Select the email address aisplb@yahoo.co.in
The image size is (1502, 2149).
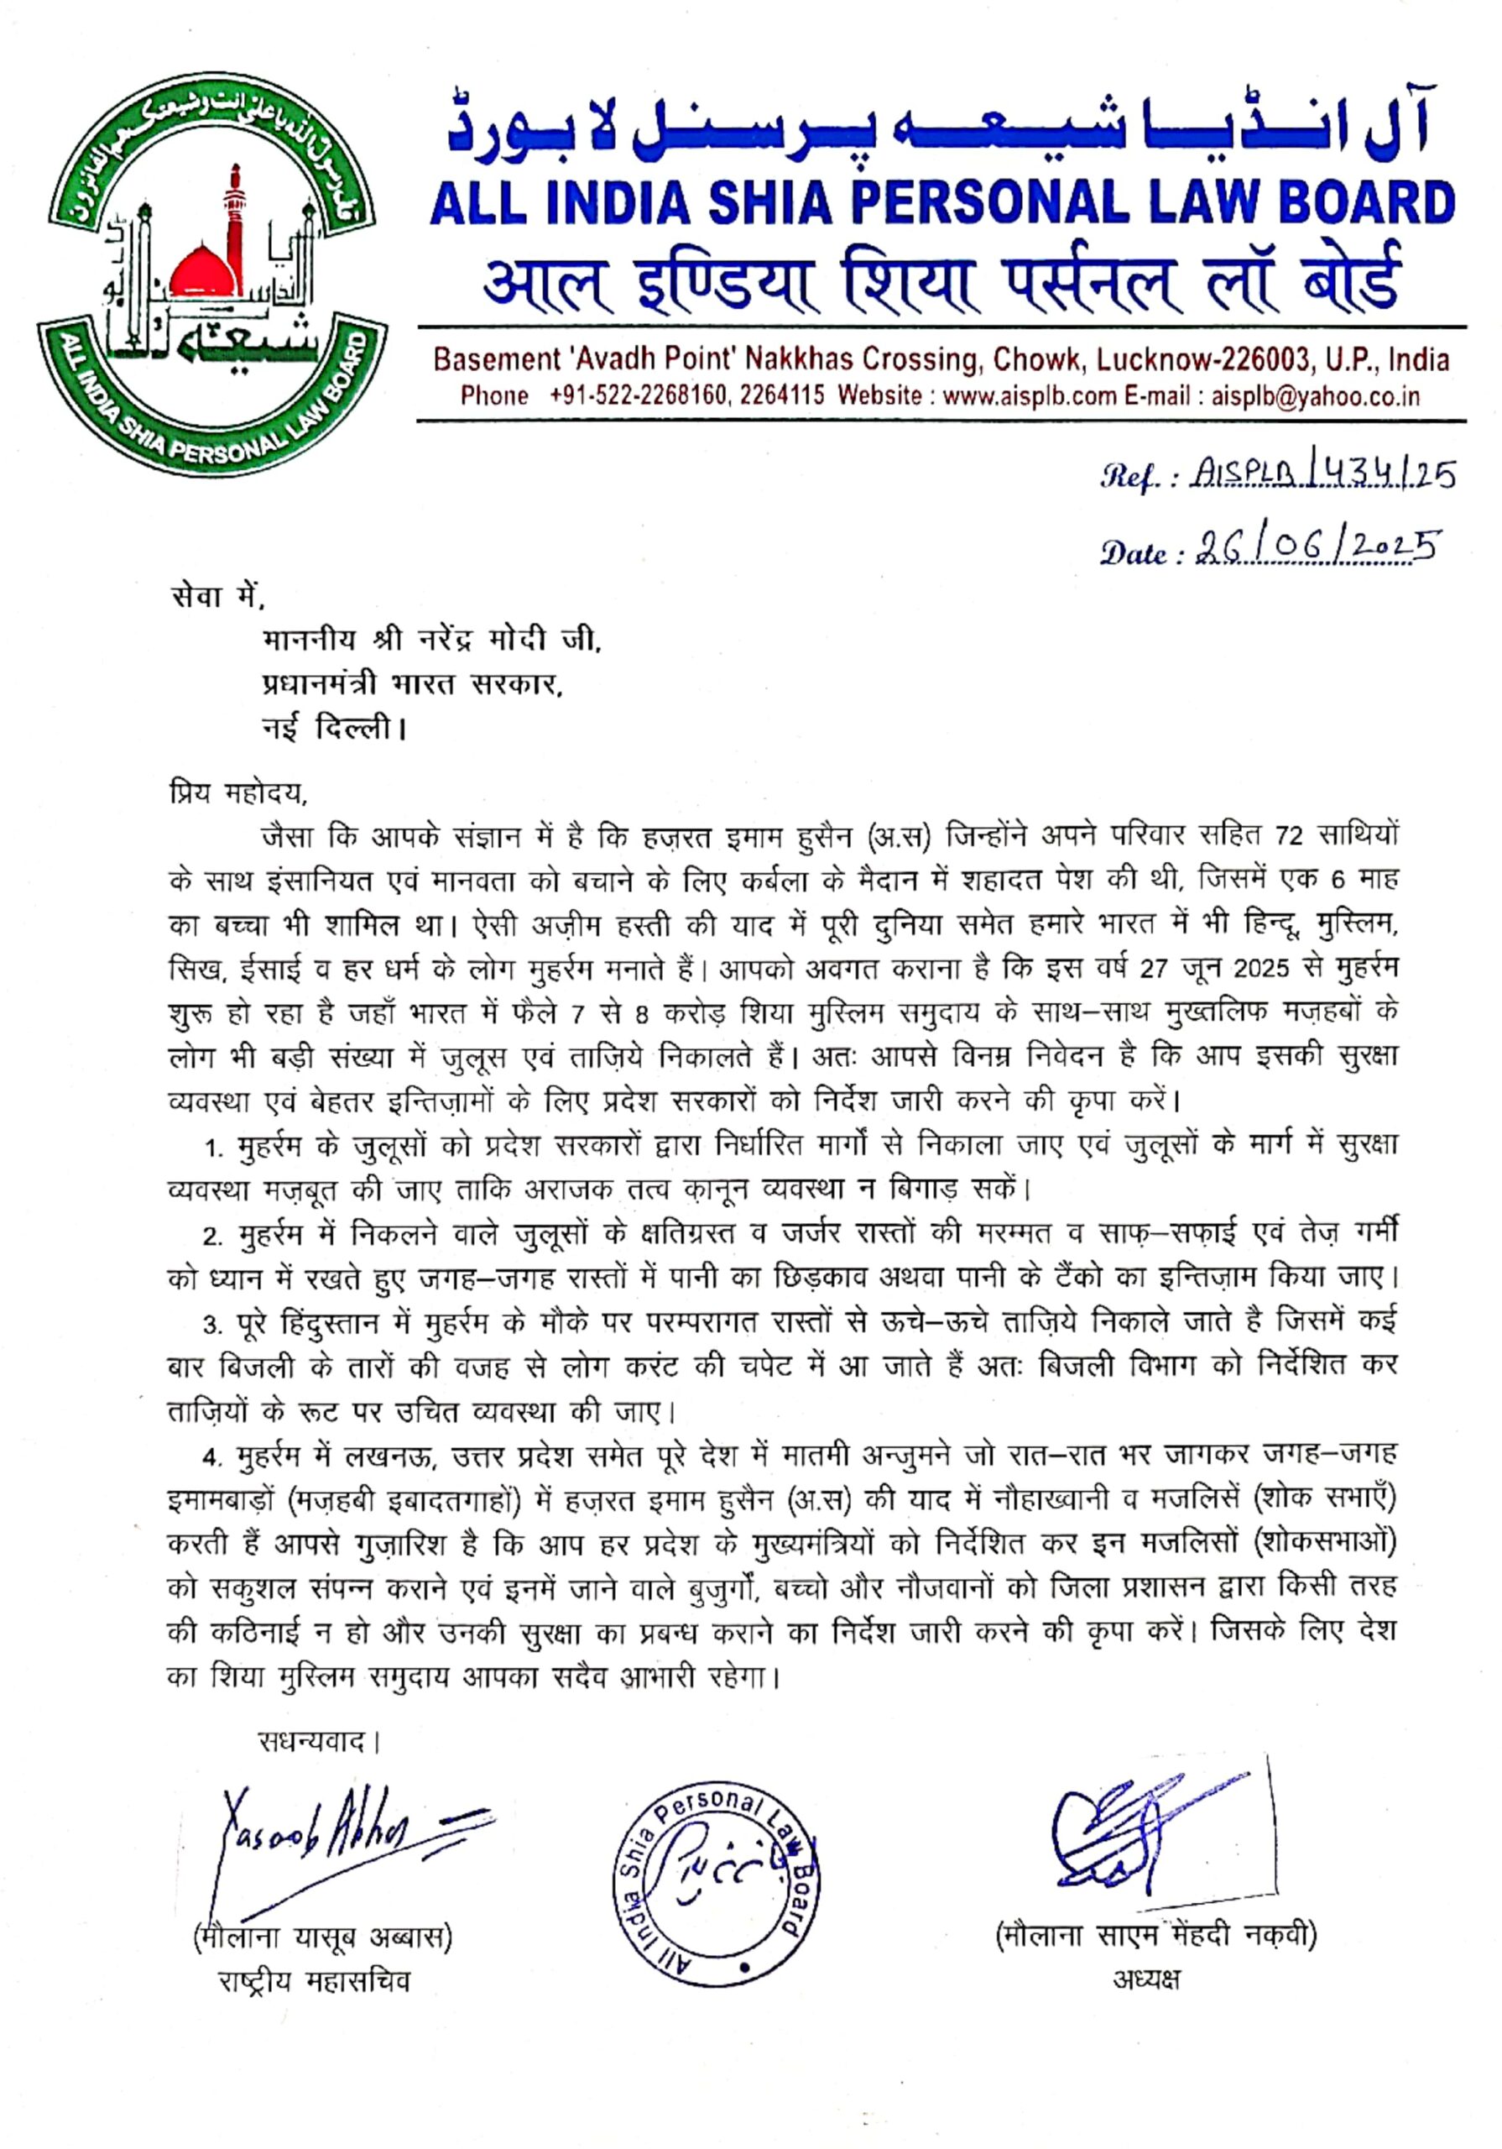coord(1316,396)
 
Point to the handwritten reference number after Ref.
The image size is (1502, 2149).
coord(1323,477)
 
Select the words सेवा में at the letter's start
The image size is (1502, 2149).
coord(217,596)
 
